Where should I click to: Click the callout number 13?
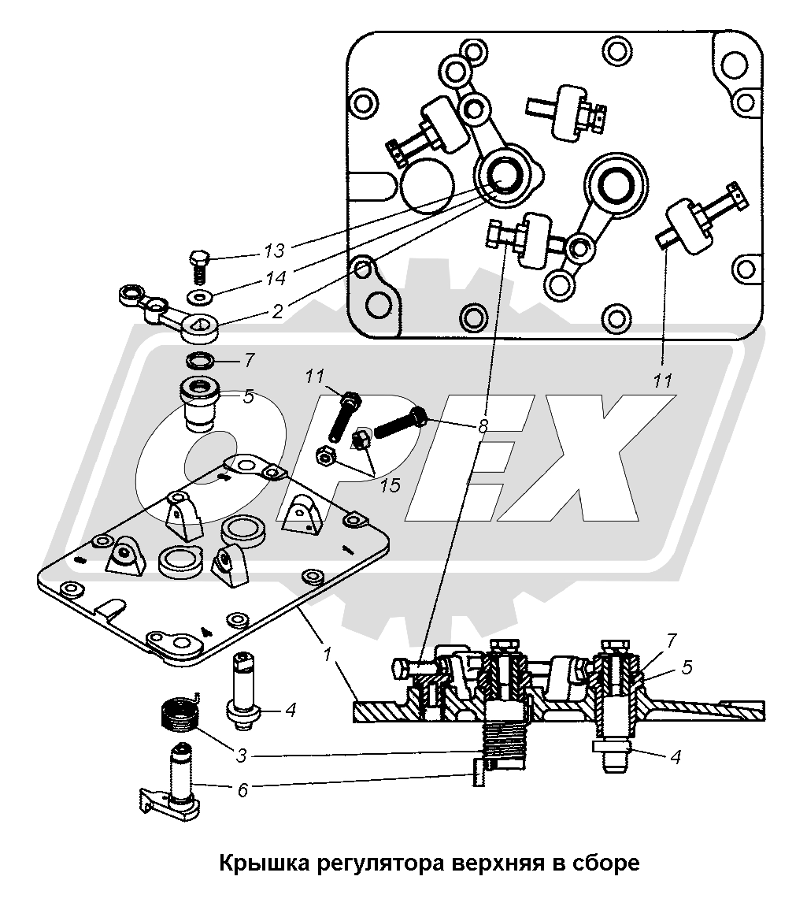click(x=274, y=251)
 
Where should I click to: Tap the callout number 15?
click(x=390, y=485)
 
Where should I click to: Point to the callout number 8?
click(x=483, y=426)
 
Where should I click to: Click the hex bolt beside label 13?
click(x=199, y=265)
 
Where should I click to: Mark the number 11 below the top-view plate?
click(x=663, y=381)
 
